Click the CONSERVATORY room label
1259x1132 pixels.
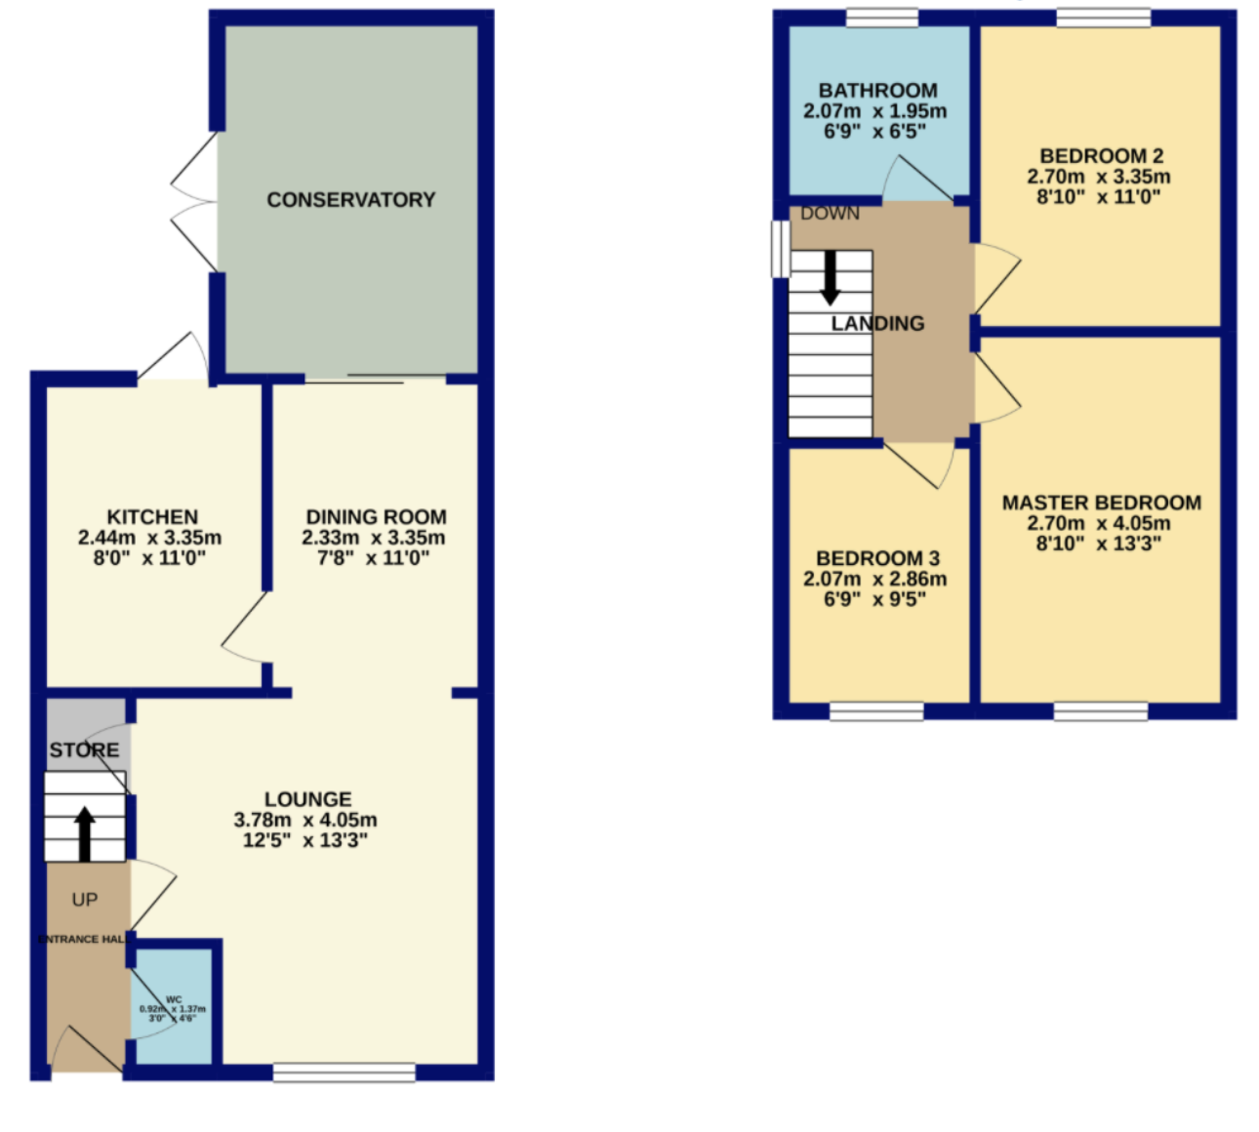click(350, 200)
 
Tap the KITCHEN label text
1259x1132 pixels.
click(152, 517)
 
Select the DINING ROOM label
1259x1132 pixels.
click(376, 517)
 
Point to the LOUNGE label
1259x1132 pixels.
click(307, 799)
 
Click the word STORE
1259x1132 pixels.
click(85, 750)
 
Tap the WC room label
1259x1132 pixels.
click(174, 999)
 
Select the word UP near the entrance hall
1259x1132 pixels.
click(85, 900)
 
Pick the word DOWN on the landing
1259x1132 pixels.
click(830, 214)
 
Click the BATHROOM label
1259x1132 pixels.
click(877, 91)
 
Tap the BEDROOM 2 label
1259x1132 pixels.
click(1101, 156)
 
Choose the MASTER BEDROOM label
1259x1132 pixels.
click(1101, 503)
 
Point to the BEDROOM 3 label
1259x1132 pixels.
click(877, 558)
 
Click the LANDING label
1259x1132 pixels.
click(877, 323)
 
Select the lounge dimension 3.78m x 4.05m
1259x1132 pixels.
click(305, 821)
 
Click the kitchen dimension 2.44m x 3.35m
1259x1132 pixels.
click(150, 538)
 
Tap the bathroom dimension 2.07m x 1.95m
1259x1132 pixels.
click(875, 111)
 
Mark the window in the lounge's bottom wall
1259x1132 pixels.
click(344, 1072)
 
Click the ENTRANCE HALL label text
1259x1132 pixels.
click(83, 939)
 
